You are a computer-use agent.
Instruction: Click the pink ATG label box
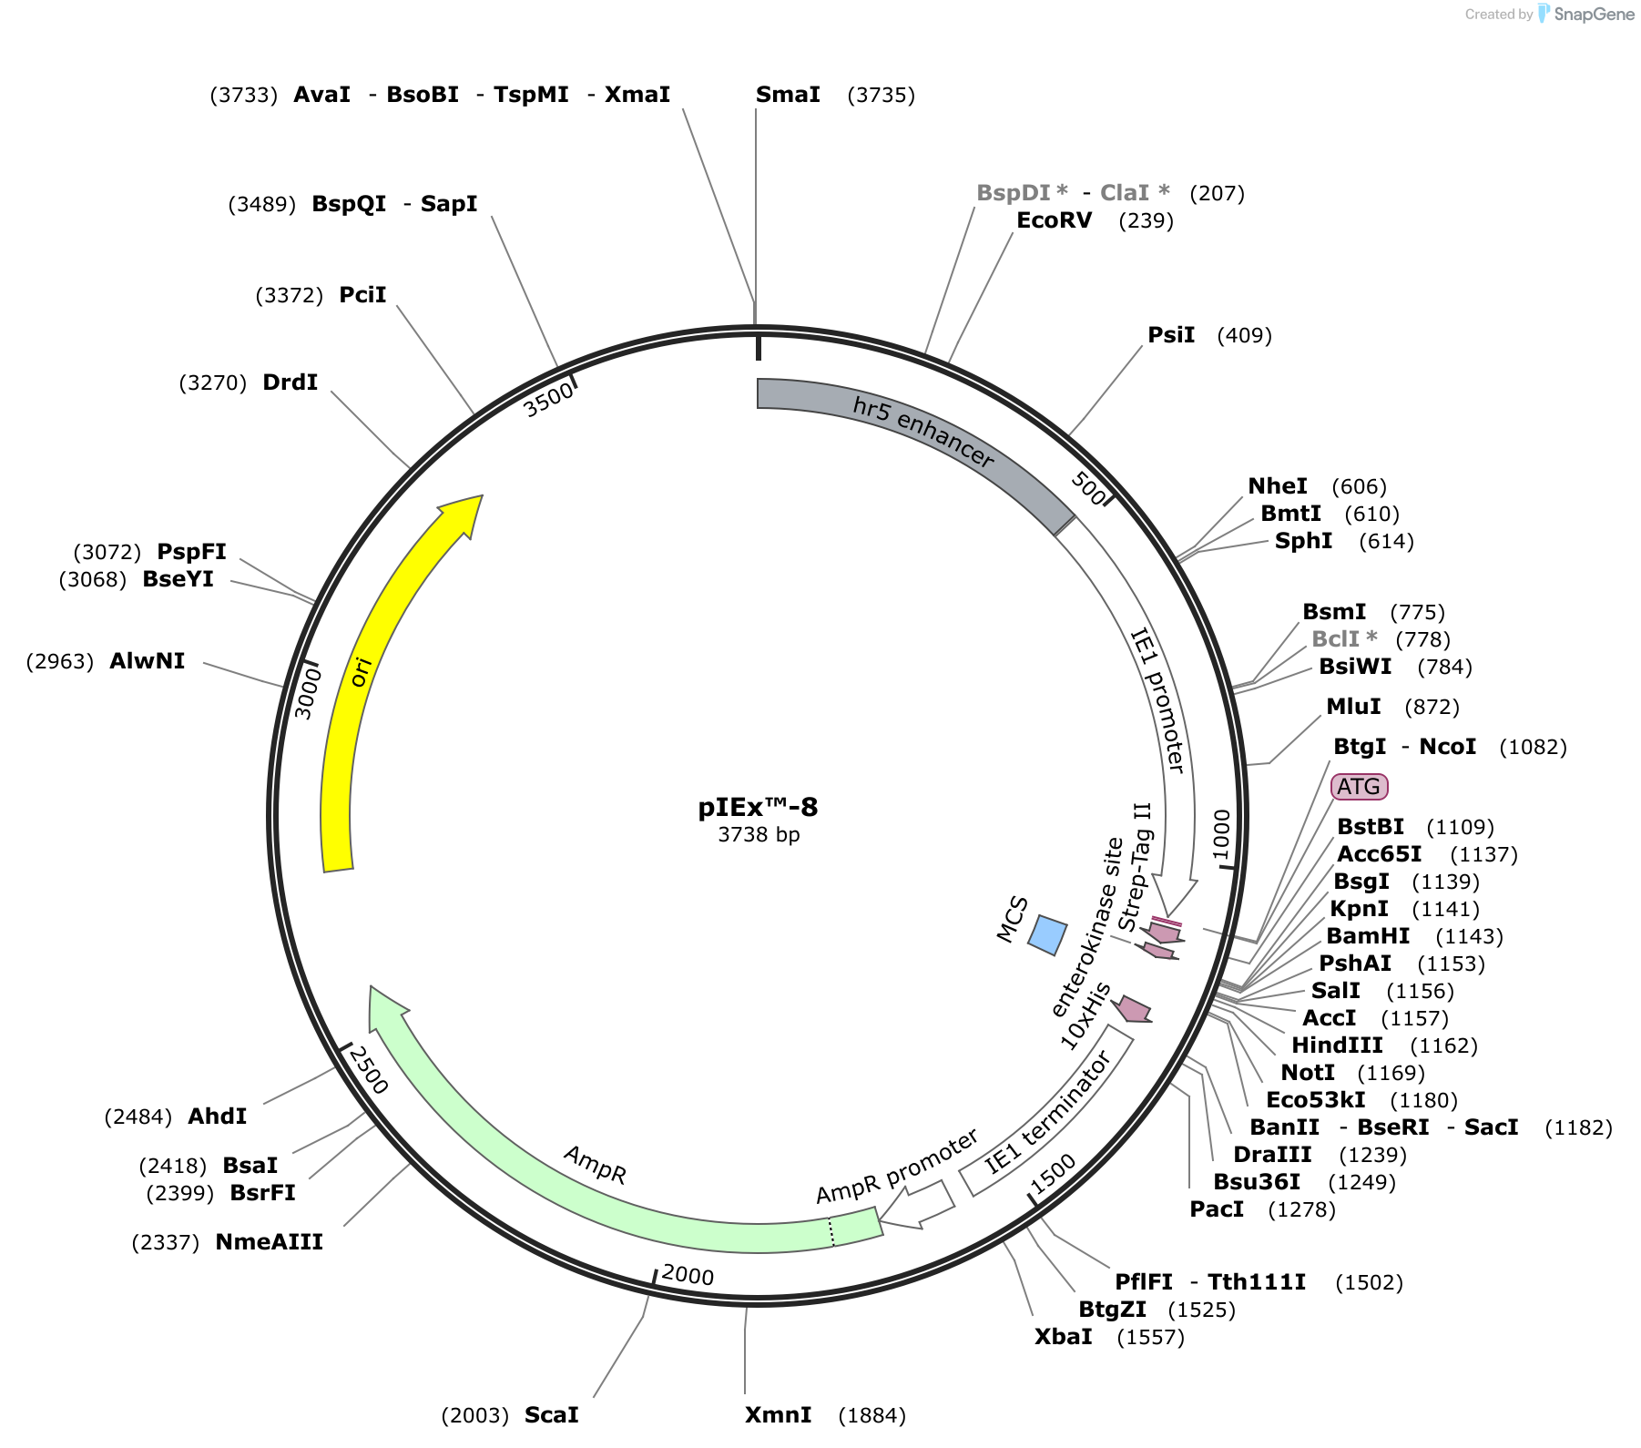pos(1359,787)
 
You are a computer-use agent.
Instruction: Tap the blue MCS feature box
pos(1047,935)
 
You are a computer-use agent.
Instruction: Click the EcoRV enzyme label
pos(1054,220)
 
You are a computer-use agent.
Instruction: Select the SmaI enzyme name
pos(788,95)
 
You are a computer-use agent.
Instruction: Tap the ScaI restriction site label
pos(551,1415)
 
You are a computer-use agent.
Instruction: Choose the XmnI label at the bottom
pos(778,1415)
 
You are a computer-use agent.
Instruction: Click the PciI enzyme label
pos(362,295)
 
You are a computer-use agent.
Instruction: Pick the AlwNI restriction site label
pos(147,661)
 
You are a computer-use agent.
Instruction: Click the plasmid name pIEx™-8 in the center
pos(758,808)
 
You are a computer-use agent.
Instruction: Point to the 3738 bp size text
pos(759,835)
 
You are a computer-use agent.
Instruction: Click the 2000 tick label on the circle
pos(688,1275)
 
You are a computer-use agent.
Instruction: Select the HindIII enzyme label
pos(1337,1045)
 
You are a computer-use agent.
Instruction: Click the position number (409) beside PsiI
pos(1244,335)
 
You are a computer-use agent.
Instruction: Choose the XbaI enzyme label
pos(1063,1337)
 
